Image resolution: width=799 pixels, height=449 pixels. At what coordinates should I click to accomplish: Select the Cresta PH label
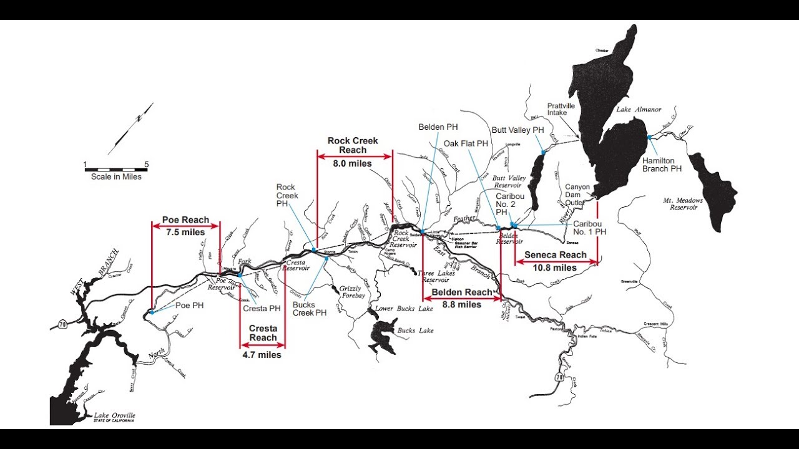coord(262,308)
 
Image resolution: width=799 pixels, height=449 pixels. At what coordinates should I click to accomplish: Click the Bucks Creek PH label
coord(310,309)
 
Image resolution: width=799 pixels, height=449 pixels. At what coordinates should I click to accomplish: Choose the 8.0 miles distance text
coord(353,163)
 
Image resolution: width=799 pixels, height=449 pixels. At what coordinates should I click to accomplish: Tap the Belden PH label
coord(439,127)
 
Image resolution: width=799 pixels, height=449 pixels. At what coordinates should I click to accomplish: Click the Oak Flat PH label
coord(466,143)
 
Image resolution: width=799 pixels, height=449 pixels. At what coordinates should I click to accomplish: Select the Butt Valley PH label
coord(518,130)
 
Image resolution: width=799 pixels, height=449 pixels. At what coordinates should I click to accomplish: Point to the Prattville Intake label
coord(561,110)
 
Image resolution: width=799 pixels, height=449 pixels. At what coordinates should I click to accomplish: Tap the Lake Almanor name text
coord(639,110)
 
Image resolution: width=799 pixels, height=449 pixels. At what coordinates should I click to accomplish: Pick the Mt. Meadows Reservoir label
coord(683,204)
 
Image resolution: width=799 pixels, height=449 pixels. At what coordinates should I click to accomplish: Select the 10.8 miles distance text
coord(555,268)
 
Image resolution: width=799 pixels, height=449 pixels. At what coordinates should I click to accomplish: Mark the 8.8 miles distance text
coord(462,305)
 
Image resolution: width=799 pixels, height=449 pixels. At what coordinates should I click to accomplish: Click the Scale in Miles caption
coord(116,177)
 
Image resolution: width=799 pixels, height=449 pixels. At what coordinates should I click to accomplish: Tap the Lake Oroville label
coord(114,415)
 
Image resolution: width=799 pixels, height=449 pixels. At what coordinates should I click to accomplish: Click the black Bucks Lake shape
coord(381,335)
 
